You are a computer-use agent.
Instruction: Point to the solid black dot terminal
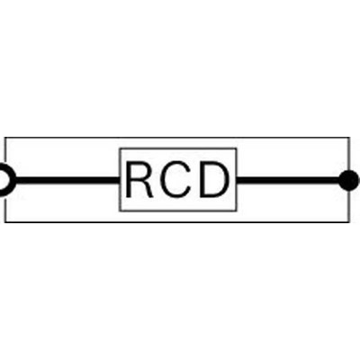(348, 180)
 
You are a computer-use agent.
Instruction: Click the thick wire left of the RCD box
(67, 180)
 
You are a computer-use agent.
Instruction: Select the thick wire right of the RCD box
(288, 180)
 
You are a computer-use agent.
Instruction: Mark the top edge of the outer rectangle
(177, 138)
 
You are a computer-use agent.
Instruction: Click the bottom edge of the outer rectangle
(177, 222)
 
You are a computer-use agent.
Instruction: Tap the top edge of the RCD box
(178, 148)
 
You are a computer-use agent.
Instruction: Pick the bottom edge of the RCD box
(178, 211)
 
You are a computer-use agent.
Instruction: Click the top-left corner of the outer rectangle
(5, 138)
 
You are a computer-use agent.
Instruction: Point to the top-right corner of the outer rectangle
(349, 138)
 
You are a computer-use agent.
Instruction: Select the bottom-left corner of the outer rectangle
(5, 222)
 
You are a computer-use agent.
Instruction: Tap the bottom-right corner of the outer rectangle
(349, 222)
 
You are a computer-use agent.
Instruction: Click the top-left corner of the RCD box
(120, 148)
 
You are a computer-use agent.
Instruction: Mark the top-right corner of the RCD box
(237, 148)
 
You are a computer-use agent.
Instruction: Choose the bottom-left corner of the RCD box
(120, 211)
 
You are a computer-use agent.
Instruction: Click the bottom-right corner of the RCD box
(237, 211)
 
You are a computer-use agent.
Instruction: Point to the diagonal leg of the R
(146, 190)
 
